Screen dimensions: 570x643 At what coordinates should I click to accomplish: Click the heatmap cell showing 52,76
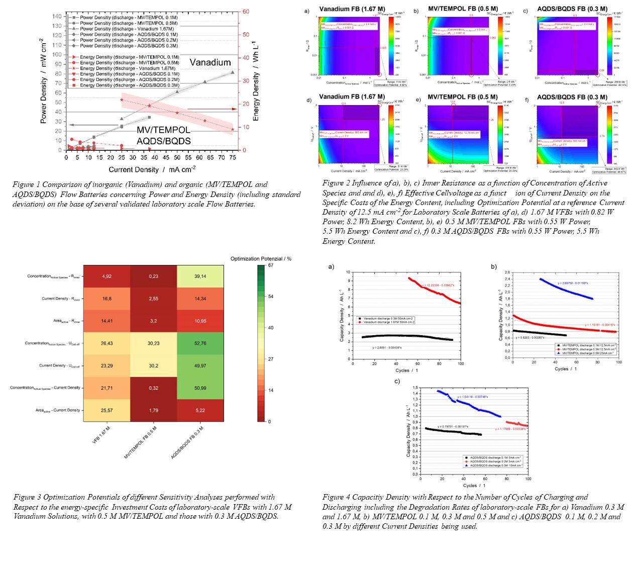pyautogui.click(x=200, y=343)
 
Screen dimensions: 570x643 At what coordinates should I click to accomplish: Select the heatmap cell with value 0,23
pyautogui.click(x=153, y=276)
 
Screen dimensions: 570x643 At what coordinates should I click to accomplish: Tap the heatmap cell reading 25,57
pyautogui.click(x=106, y=410)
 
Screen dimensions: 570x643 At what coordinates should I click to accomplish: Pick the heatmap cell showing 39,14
pyautogui.click(x=200, y=276)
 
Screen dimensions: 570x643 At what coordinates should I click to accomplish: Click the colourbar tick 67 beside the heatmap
pyautogui.click(x=271, y=265)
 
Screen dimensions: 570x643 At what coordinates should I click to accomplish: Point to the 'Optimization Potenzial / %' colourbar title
pyautogui.click(x=260, y=258)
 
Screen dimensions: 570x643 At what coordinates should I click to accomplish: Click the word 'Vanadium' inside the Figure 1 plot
pyautogui.click(x=210, y=62)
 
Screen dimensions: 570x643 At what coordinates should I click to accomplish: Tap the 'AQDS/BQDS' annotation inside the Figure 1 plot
pyautogui.click(x=164, y=141)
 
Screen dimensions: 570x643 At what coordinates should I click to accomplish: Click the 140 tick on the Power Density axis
pyautogui.click(x=57, y=16)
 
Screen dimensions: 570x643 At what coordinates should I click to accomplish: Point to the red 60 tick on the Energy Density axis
pyautogui.click(x=246, y=12)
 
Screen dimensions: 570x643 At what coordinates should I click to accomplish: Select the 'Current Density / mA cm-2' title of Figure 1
pyautogui.click(x=152, y=170)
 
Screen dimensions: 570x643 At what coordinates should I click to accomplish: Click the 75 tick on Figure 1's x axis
pyautogui.click(x=233, y=157)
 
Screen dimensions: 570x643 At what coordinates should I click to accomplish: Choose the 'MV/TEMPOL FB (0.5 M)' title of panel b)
pyautogui.click(x=463, y=9)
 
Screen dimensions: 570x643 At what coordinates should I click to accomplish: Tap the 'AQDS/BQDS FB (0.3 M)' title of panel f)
pyautogui.click(x=572, y=97)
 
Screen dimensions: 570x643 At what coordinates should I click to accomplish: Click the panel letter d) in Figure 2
pyautogui.click(x=308, y=100)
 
